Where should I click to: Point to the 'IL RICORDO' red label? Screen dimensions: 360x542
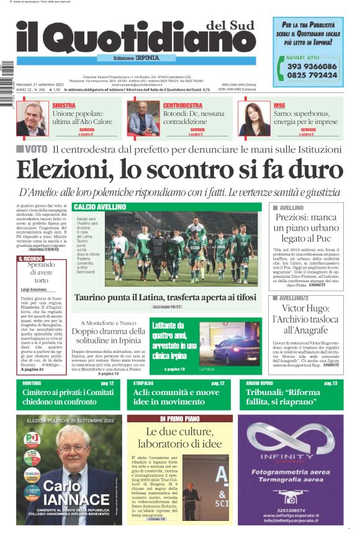30,259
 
